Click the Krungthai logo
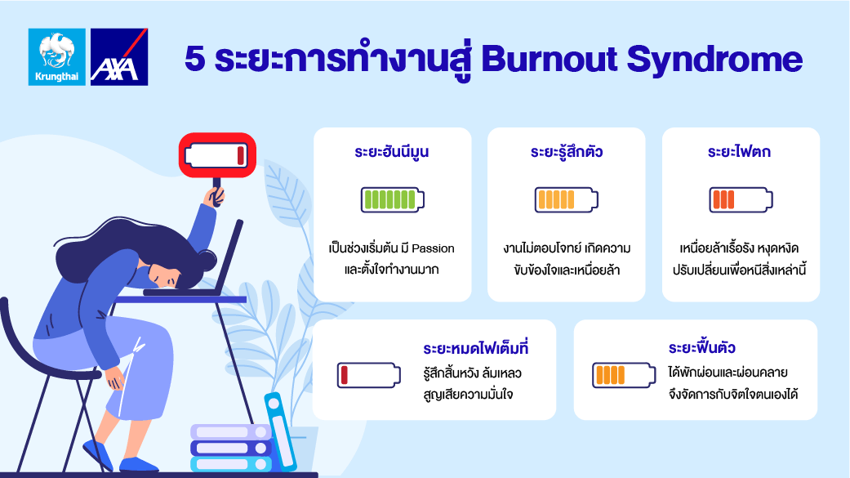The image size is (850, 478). click(x=57, y=57)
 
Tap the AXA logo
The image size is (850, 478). click(x=119, y=57)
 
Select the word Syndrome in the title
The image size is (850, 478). click(x=714, y=60)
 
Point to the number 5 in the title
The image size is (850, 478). click(x=194, y=59)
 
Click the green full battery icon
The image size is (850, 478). click(x=393, y=199)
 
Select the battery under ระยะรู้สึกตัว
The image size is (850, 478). click(x=567, y=199)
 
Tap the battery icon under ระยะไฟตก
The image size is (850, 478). click(x=741, y=199)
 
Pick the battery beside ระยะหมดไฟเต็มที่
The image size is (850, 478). click(x=368, y=375)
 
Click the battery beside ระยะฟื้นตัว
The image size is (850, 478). click(x=624, y=375)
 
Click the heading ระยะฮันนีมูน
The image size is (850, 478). click(x=392, y=151)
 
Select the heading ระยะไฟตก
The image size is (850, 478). click(x=740, y=151)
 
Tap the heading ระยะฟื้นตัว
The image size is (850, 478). click(x=702, y=347)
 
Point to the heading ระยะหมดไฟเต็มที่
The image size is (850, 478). click(x=476, y=348)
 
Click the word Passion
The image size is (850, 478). click(x=433, y=248)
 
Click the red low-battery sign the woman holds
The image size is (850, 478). click(x=217, y=155)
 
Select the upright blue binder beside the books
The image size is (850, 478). click(x=281, y=431)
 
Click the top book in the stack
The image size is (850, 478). click(x=231, y=432)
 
